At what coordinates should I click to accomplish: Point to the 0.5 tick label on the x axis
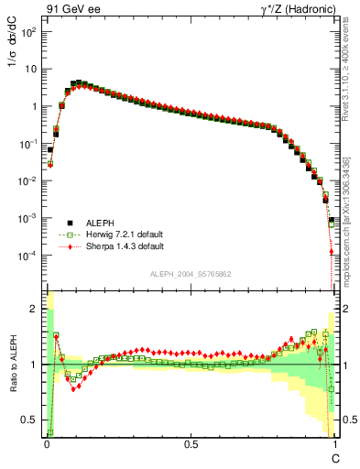[191, 444]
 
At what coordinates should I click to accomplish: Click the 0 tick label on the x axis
[46, 444]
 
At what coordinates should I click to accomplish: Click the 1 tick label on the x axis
[334, 444]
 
